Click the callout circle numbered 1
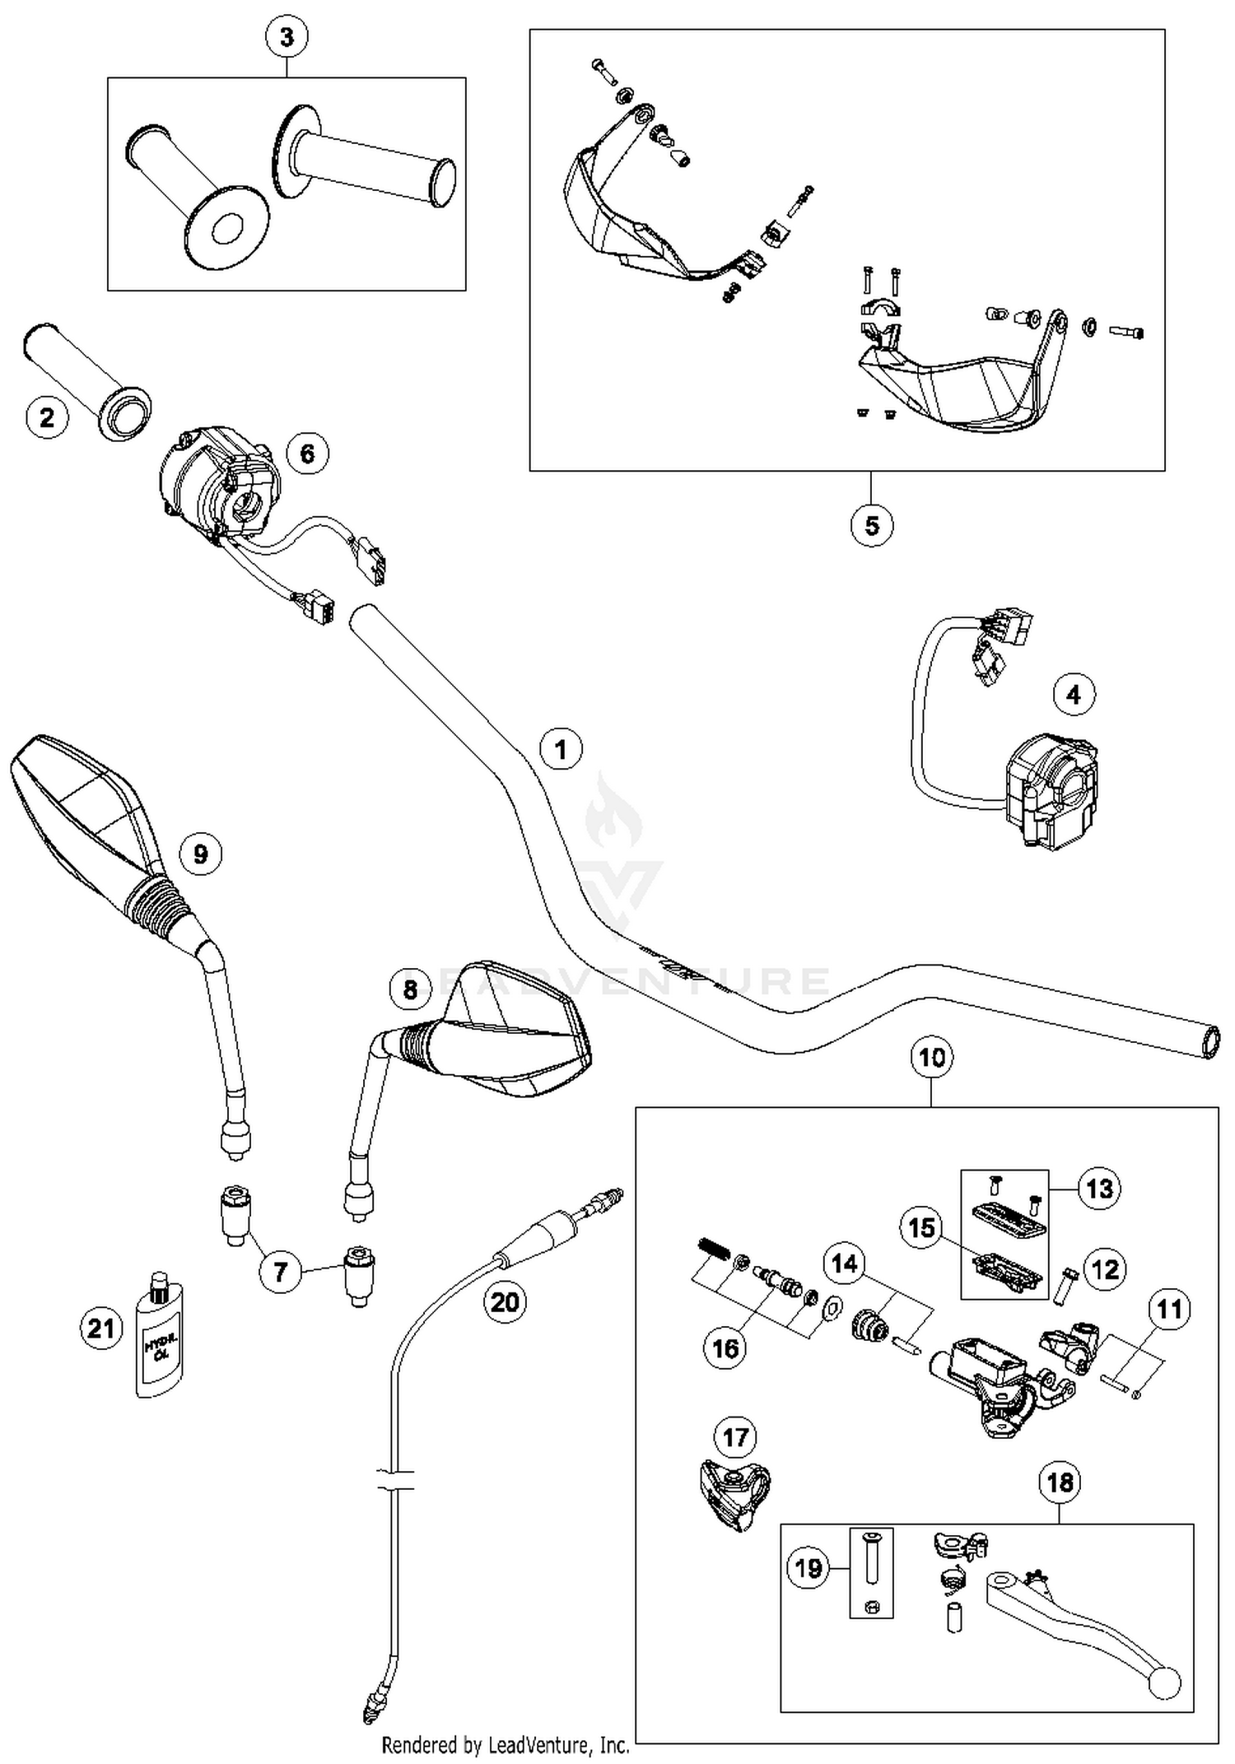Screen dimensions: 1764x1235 click(x=561, y=749)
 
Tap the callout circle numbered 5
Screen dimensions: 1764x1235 click(x=872, y=524)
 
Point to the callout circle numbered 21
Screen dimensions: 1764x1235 click(x=101, y=1328)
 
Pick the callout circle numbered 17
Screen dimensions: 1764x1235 click(x=735, y=1437)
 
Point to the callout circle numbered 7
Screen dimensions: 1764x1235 click(x=280, y=1272)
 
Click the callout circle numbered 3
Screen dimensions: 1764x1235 click(x=287, y=37)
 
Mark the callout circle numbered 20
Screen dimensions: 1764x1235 click(x=505, y=1301)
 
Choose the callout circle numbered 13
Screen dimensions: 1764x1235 click(x=1099, y=1188)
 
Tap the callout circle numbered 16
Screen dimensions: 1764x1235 click(x=725, y=1347)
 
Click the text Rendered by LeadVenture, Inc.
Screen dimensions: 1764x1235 click(x=506, y=1744)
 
